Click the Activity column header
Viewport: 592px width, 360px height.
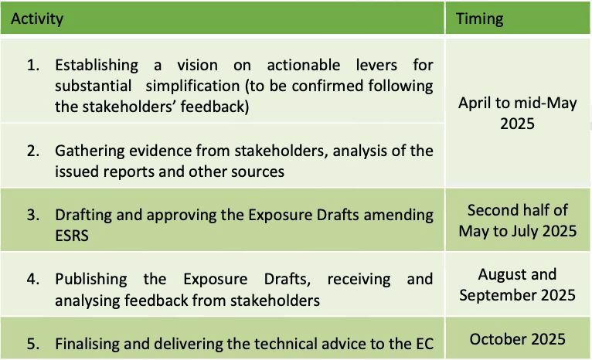[37, 19]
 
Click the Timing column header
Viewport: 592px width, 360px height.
[479, 19]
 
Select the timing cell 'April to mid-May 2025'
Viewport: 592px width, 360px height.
[517, 114]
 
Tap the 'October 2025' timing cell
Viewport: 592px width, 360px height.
[517, 339]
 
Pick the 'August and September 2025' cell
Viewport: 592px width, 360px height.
[517, 284]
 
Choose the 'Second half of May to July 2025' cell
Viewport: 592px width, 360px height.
[517, 220]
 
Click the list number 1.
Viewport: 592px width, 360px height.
[33, 65]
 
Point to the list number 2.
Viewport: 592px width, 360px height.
[33, 151]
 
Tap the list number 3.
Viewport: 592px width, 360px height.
[33, 215]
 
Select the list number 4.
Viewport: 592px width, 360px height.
[33, 279]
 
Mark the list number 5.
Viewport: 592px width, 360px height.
[33, 344]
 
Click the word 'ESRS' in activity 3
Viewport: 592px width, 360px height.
[72, 236]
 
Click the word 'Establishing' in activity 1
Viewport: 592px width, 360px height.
[97, 66]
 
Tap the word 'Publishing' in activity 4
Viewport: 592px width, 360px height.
[91, 280]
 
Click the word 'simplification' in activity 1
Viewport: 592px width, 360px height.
[192, 87]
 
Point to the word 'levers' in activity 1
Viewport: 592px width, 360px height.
[376, 65]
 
